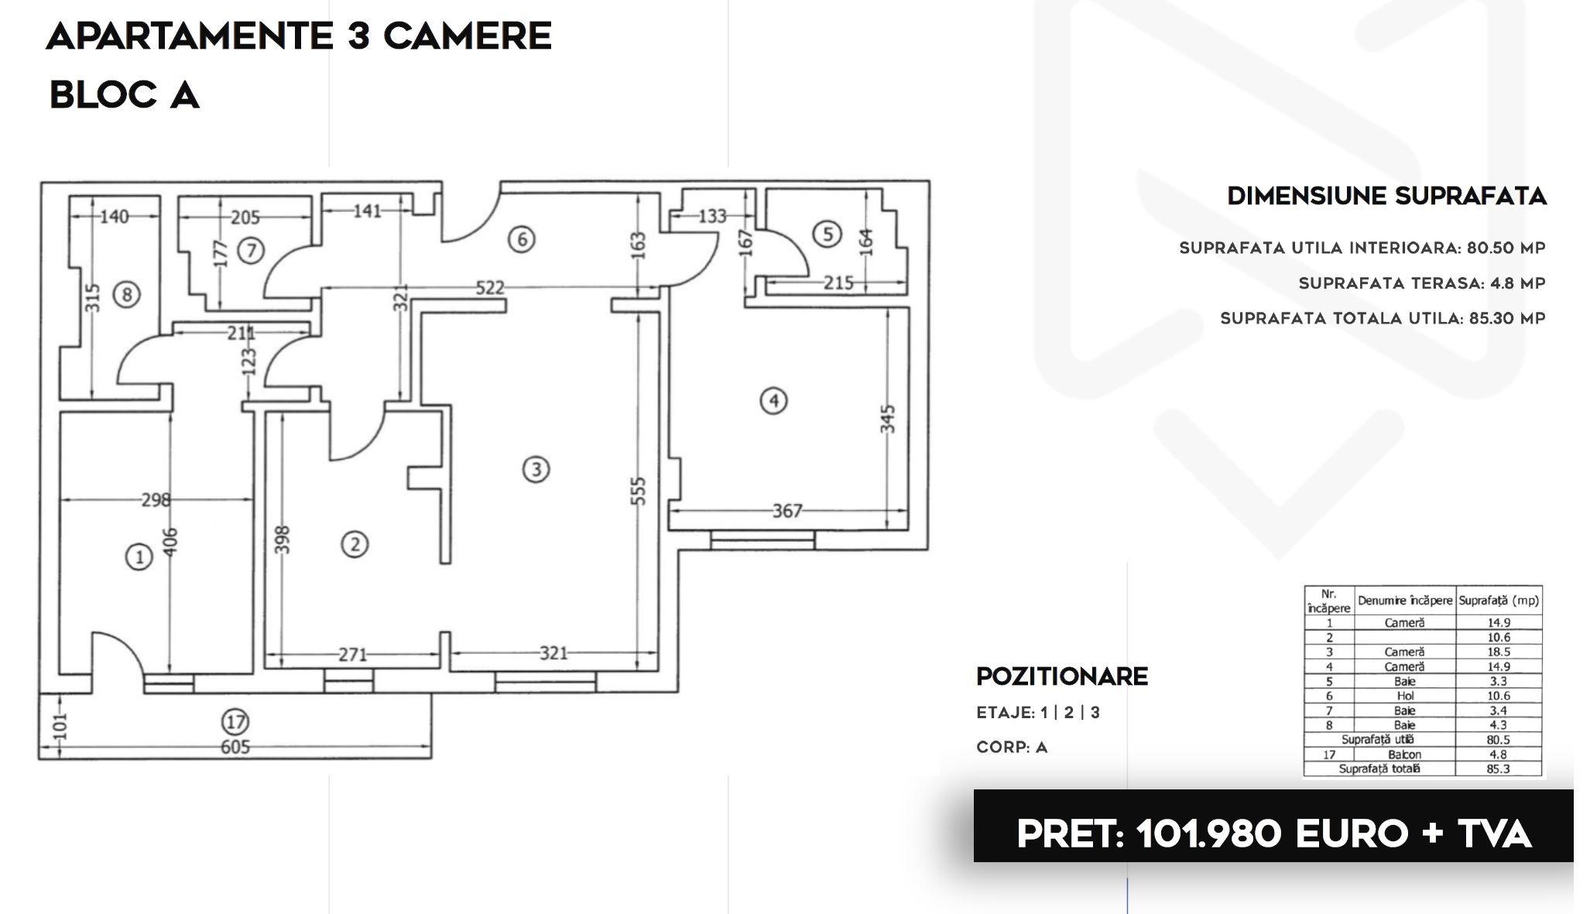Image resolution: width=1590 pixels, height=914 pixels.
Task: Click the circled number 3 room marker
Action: click(536, 469)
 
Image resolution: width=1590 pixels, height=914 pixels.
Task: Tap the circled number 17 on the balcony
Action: click(235, 722)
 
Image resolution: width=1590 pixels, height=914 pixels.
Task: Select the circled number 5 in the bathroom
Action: click(828, 234)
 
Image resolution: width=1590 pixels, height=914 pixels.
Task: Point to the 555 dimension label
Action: click(638, 491)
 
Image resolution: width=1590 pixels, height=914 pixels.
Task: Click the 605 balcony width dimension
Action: click(235, 747)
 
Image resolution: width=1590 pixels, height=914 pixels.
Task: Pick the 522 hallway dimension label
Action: click(489, 288)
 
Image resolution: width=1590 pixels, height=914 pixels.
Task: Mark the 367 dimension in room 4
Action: click(787, 511)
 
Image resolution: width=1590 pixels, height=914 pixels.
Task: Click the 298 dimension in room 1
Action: click(156, 500)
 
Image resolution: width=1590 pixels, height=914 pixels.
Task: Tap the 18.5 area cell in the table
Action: click(1498, 652)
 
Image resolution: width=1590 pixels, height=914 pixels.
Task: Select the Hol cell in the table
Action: click(1404, 696)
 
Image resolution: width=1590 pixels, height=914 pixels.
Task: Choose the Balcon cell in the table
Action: click(1404, 755)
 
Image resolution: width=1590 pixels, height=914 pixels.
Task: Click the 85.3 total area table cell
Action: click(1498, 769)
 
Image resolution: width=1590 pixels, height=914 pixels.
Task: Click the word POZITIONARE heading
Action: click(1062, 676)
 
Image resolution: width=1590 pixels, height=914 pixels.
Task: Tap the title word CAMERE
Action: click(468, 36)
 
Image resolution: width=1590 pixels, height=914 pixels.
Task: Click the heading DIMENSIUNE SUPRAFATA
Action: click(1387, 196)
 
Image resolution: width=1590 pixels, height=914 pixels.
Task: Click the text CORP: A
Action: click(1012, 748)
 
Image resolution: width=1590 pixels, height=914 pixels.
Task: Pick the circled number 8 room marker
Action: click(126, 294)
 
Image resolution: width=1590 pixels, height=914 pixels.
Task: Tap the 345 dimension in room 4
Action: click(888, 419)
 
